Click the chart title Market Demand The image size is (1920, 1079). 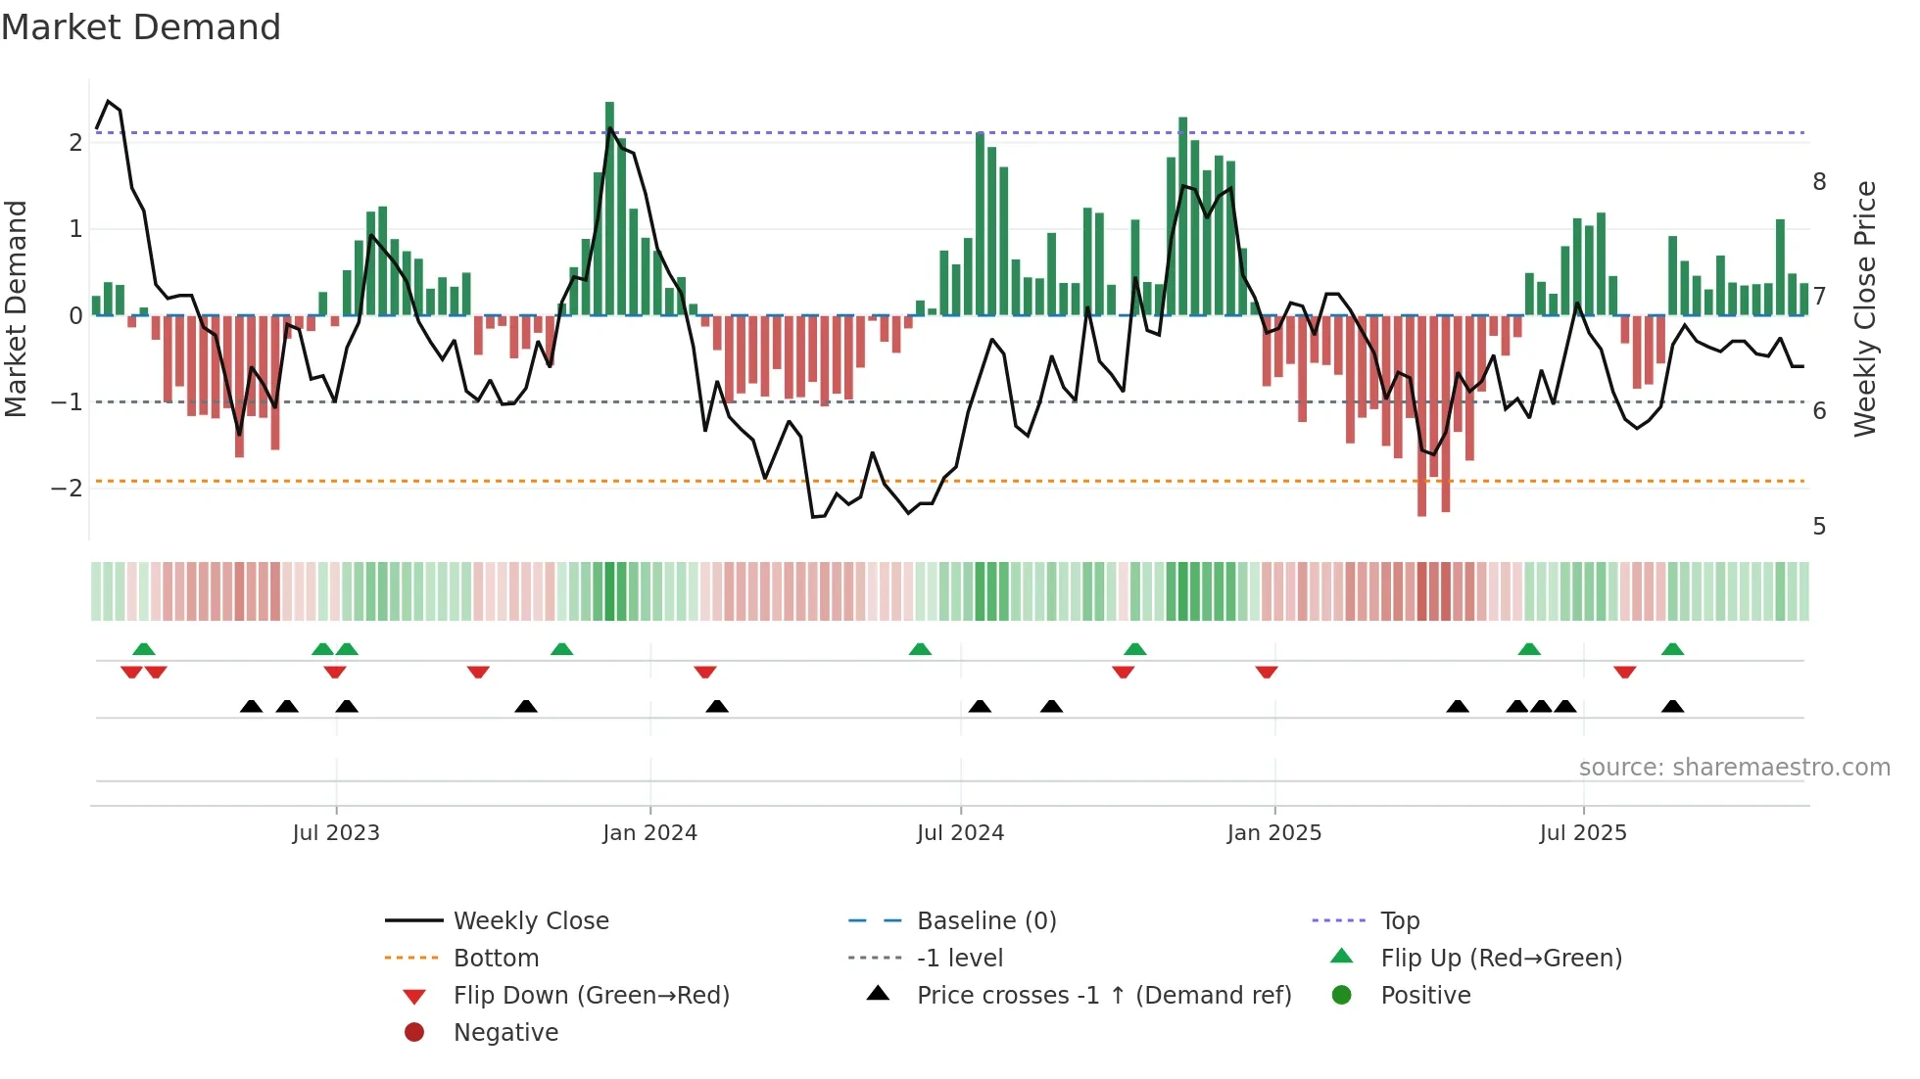(141, 26)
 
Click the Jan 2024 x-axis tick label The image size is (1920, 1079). (649, 833)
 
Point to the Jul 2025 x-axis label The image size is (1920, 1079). (1582, 833)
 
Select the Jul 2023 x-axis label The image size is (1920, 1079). (336, 833)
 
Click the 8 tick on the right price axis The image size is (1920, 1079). (1819, 182)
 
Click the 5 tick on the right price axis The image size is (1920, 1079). (1819, 527)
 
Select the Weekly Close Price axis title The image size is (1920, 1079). (1865, 308)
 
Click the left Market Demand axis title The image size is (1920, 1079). (17, 308)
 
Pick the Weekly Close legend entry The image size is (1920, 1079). (530, 920)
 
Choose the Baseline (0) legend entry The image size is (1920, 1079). (985, 920)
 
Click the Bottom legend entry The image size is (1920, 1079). (496, 958)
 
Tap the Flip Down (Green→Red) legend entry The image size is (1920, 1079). (591, 995)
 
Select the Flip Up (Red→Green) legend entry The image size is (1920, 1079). (1501, 958)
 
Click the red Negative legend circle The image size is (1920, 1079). (414, 1032)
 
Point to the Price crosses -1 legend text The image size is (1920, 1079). (1104, 995)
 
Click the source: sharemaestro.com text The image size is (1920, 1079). (1734, 767)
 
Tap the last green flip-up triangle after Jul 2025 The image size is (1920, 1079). (1672, 649)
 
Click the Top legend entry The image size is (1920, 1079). (1400, 920)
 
